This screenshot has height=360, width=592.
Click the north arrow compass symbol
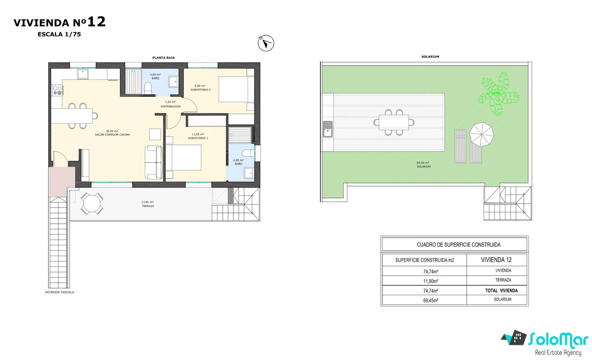[266, 43]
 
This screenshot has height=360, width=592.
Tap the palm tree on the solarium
[498, 94]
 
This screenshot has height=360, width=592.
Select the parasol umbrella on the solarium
[481, 134]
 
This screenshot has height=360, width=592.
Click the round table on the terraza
[92, 203]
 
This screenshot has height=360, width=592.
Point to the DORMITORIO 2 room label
[200, 90]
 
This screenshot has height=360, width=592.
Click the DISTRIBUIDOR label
[170, 106]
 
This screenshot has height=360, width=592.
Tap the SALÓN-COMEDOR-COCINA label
[112, 134]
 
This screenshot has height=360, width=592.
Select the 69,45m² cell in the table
[431, 300]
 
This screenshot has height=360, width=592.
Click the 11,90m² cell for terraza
[431, 281]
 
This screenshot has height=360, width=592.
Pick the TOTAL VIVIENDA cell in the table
[501, 291]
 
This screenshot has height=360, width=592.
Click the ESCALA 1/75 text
[59, 34]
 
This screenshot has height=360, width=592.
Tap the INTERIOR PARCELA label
[60, 292]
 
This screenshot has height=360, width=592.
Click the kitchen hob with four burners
[57, 90]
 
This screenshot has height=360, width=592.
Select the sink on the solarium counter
[328, 129]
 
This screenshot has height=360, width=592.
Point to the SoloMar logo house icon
[514, 338]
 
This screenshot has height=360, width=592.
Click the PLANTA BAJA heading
[163, 58]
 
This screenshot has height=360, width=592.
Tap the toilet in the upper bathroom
[148, 88]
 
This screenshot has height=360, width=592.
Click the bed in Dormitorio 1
[183, 158]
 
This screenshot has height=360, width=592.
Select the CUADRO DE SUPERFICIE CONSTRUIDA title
[459, 245]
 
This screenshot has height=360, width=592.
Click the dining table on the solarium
[394, 123]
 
